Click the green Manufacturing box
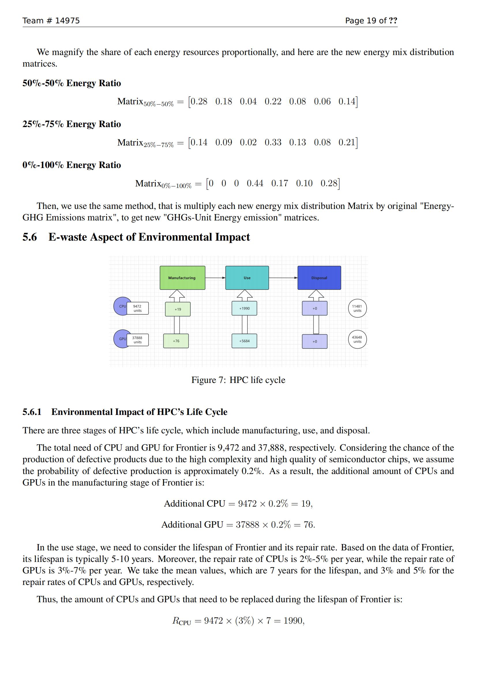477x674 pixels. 182,278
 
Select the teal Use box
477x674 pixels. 247,278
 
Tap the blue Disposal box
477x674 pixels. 319,278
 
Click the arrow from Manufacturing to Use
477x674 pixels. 215,278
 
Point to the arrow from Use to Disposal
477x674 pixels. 283,278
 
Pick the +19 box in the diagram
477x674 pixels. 178,309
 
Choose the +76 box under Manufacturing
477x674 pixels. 176,341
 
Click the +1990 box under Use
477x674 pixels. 244,308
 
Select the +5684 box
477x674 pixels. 244,341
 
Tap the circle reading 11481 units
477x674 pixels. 357,308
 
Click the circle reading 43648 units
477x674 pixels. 357,339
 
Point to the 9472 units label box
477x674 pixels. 138,308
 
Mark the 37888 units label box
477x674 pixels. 138,340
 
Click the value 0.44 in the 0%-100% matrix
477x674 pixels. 255,184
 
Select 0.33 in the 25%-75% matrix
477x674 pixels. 273,142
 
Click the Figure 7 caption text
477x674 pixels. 238,380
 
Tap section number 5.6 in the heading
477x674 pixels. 30,237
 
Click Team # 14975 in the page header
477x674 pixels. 51,20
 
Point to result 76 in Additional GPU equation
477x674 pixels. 308,524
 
